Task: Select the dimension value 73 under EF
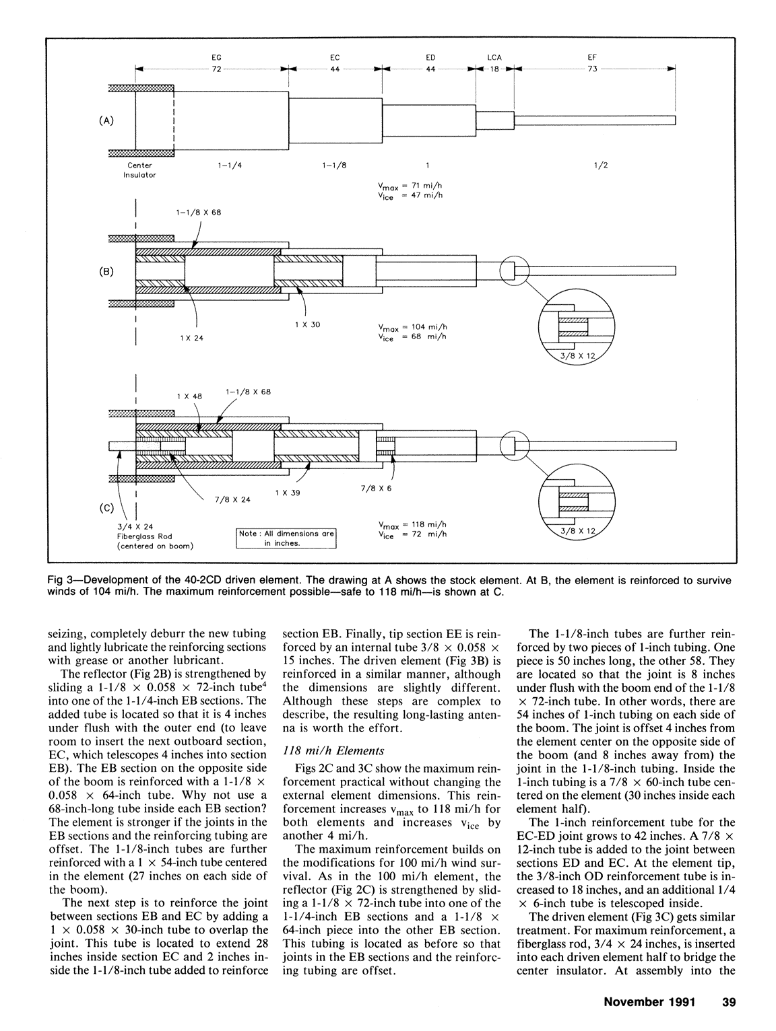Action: [x=591, y=69]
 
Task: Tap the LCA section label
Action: [x=494, y=58]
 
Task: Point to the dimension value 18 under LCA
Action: [x=494, y=69]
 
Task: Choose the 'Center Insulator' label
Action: [x=139, y=170]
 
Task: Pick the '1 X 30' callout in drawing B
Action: [x=307, y=324]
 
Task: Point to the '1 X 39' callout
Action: [x=287, y=493]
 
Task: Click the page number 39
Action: [x=727, y=1001]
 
